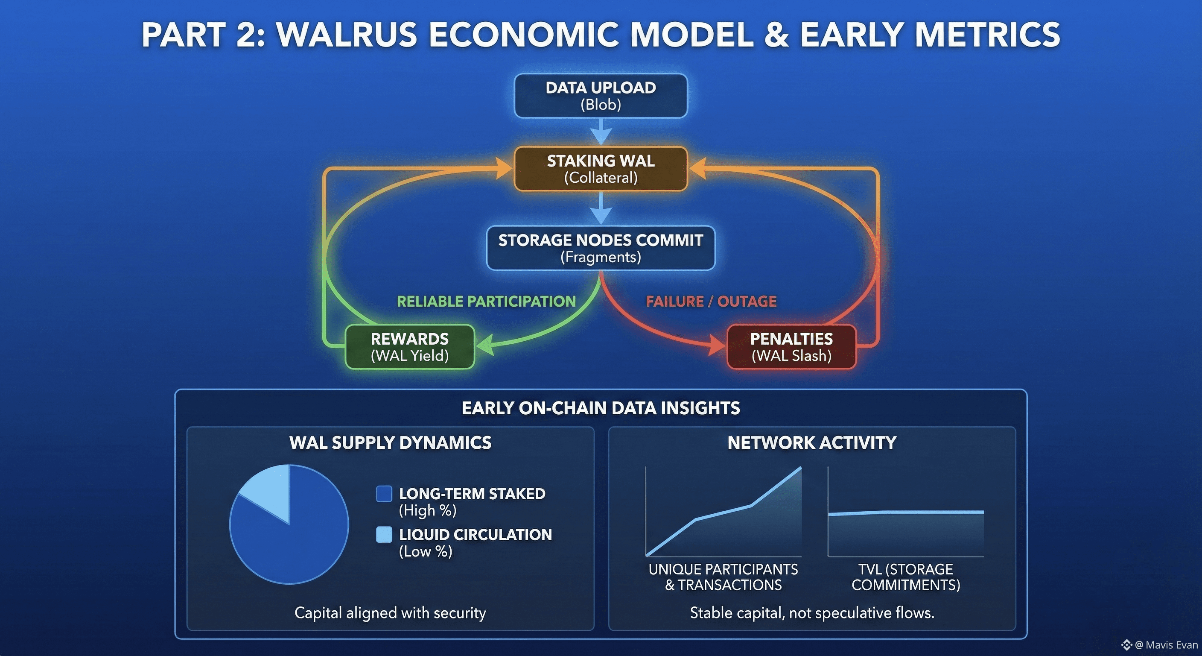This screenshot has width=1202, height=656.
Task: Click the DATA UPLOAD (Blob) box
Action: [x=601, y=96]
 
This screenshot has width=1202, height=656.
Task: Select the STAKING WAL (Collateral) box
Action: [x=601, y=169]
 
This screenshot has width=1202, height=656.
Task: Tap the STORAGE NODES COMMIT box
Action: [x=601, y=248]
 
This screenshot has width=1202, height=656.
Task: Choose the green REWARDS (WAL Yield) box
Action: [x=410, y=347]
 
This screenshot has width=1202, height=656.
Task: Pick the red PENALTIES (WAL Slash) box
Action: [x=791, y=347]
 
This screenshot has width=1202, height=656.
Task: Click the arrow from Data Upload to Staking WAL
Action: [x=601, y=131]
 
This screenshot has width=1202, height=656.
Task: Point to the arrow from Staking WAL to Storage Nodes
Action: [x=601, y=208]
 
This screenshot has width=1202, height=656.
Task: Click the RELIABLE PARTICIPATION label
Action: [x=486, y=301]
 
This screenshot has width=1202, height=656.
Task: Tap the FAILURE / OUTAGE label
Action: [x=711, y=301]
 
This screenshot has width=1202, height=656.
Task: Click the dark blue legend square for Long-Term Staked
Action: [x=384, y=494]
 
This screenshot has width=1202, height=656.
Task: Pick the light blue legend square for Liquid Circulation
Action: [x=384, y=535]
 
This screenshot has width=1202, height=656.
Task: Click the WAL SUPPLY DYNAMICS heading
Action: [x=390, y=442]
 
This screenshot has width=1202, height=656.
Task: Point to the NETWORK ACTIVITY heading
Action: [x=812, y=442]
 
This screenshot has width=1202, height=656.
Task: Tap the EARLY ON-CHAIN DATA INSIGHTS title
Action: [x=601, y=408]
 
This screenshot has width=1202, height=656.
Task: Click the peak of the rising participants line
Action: [x=801, y=467]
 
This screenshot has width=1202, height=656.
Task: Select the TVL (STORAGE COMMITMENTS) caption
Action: [x=906, y=577]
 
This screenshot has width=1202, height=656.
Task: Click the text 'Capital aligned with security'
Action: [x=390, y=612]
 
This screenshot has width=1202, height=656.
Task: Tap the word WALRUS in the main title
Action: [x=347, y=35]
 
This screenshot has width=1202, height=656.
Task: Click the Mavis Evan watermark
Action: [x=1160, y=645]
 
